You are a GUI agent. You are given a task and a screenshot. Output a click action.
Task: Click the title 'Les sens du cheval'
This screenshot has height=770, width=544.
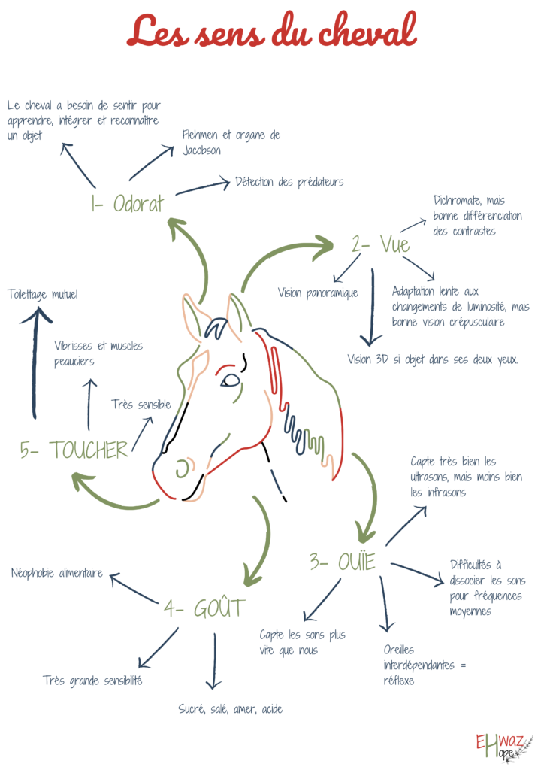pos(271,32)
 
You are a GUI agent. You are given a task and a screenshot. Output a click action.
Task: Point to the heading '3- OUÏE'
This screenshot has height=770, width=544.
pos(342,560)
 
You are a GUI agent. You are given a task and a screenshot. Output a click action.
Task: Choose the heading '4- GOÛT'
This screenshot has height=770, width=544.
pos(204,608)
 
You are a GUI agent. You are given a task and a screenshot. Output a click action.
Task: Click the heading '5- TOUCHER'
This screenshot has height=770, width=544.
pos(74,450)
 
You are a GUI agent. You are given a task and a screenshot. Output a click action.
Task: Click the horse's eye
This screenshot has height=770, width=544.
pos(230,380)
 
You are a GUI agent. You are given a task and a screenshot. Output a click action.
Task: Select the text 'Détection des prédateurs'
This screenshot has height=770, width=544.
pos(289,182)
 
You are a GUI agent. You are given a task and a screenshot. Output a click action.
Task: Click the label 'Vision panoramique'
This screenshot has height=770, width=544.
pos(318,293)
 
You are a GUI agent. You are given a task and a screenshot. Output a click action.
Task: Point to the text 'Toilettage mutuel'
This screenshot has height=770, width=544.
pos(43,294)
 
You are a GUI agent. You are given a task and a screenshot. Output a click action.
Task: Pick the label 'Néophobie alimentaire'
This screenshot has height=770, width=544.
pos(57,573)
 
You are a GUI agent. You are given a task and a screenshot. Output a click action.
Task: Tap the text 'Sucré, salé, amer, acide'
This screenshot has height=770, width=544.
pos(231,709)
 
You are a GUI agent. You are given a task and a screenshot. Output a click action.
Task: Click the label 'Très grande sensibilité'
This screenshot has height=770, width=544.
pos(92,681)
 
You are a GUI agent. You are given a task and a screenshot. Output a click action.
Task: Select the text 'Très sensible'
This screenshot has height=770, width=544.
pos(141,405)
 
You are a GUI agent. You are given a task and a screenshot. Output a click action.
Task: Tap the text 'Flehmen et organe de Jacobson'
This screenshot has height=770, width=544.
pos(231,142)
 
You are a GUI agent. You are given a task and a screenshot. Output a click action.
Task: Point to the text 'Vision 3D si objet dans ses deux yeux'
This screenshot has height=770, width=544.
pos(433,359)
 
